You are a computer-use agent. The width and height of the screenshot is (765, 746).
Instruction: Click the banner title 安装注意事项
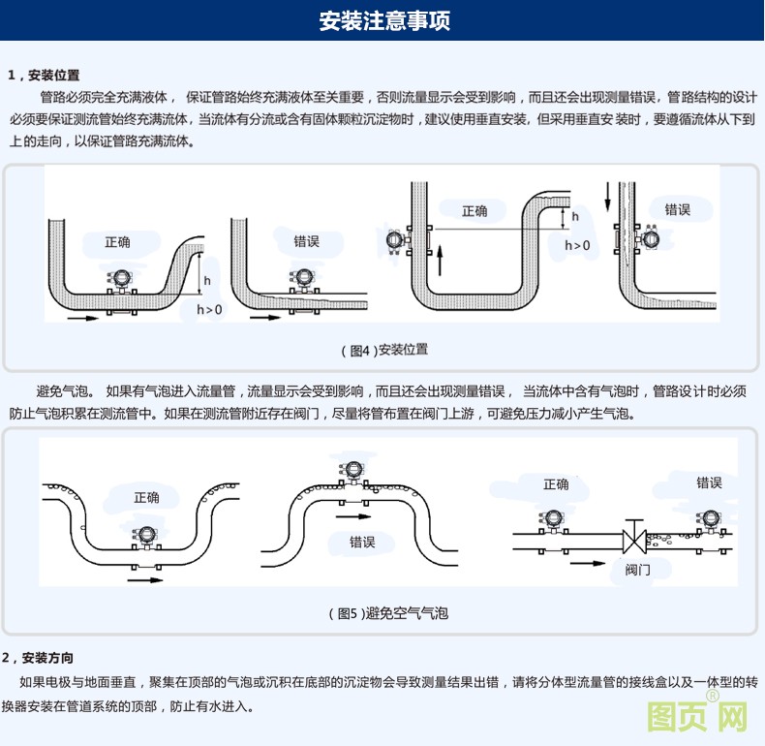(383, 20)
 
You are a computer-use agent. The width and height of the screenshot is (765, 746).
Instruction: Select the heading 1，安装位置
(44, 75)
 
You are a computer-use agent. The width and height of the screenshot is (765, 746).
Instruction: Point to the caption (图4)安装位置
(383, 349)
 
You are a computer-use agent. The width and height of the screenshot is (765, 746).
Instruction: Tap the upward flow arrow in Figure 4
(439, 261)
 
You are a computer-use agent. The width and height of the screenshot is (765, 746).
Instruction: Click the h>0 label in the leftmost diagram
(209, 310)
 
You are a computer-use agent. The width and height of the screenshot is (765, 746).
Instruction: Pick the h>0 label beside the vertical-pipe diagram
(577, 246)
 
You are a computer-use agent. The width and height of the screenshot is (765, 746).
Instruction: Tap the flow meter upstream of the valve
(556, 520)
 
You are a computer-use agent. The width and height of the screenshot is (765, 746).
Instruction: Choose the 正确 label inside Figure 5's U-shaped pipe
(147, 497)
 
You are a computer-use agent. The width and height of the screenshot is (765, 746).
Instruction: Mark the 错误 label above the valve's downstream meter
(709, 482)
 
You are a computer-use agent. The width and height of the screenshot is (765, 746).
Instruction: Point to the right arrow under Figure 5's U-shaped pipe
(145, 579)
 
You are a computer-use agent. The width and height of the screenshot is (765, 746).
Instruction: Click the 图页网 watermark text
(696, 718)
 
